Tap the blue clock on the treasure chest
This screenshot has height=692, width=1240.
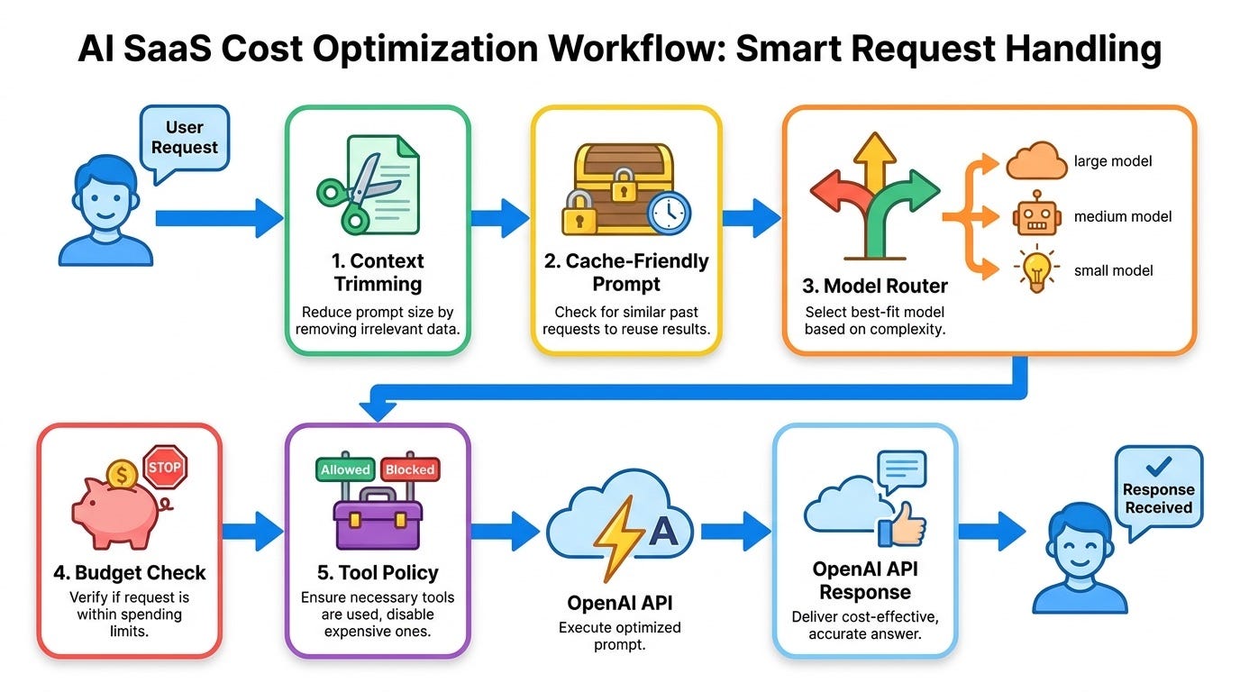[x=670, y=214]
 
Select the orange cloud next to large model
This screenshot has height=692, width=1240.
[x=1036, y=160]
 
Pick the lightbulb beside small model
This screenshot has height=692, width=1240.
[x=1037, y=269]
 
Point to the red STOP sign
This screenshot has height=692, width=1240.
[x=165, y=467]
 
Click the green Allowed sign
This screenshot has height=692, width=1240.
[x=345, y=469]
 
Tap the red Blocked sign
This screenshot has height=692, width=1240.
[x=410, y=469]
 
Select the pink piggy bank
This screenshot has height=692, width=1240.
[x=119, y=512]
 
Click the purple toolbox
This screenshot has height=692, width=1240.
[x=378, y=517]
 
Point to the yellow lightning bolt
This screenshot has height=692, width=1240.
[x=618, y=538]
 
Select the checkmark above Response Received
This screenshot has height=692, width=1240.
[x=1158, y=466]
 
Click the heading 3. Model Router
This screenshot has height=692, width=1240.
[x=875, y=286]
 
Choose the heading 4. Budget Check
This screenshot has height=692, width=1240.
[x=130, y=572]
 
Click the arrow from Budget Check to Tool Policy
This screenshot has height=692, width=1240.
[x=253, y=532]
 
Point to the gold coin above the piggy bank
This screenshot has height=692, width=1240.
[x=122, y=475]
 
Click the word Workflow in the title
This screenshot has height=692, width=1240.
[x=635, y=49]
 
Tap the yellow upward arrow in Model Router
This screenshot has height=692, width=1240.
[x=874, y=163]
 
